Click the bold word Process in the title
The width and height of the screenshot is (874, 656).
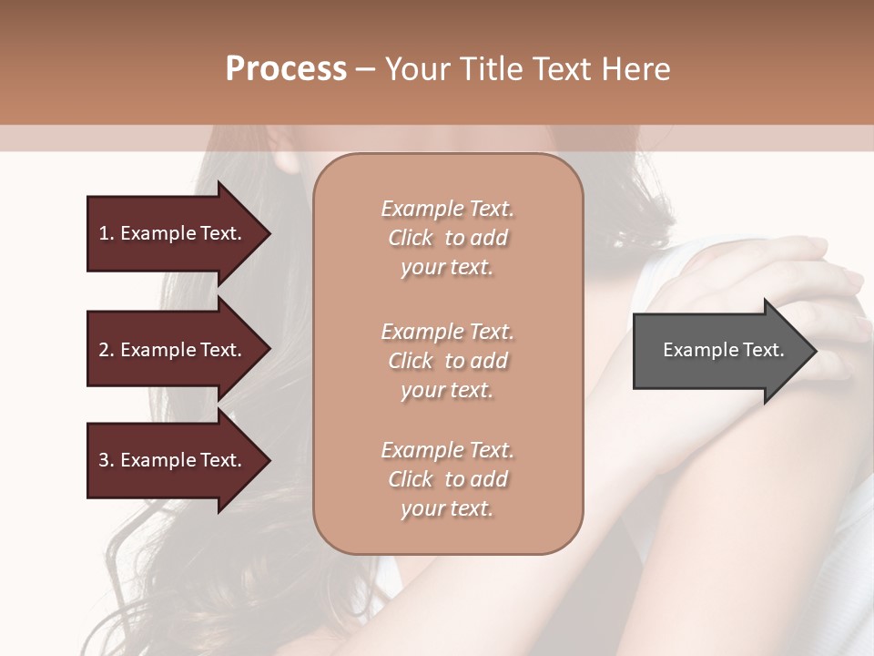[x=286, y=69]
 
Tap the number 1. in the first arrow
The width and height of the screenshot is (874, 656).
[x=107, y=233]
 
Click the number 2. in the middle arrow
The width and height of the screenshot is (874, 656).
[x=107, y=350]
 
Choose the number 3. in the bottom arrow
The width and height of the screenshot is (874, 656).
[x=107, y=460]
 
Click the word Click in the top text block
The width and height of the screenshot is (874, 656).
[x=411, y=238]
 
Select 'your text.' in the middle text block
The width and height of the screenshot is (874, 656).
[x=447, y=390]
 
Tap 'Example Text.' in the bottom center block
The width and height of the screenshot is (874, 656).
[x=447, y=450]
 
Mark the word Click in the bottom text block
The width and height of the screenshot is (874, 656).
[x=411, y=479]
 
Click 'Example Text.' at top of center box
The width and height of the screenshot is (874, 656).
[x=447, y=209]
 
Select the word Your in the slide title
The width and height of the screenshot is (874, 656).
[x=414, y=69]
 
